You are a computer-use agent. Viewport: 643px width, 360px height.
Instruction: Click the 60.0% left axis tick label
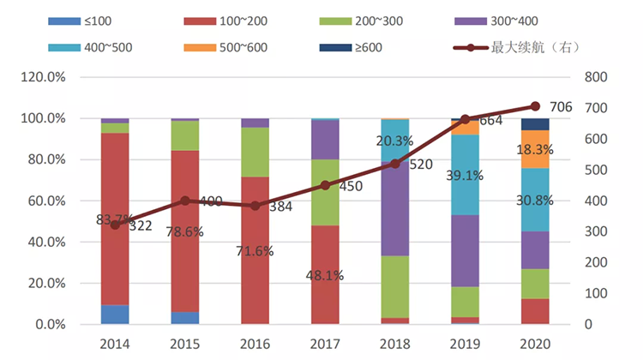click(x=50, y=201)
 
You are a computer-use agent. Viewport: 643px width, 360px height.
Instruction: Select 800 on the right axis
click(x=593, y=77)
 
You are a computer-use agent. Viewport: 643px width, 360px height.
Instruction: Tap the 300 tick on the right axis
click(x=593, y=231)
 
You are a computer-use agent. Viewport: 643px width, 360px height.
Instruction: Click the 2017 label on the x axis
click(x=325, y=344)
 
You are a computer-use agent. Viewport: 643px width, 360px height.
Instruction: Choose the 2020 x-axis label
click(x=535, y=344)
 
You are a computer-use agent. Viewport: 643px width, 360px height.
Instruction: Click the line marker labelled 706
click(x=535, y=106)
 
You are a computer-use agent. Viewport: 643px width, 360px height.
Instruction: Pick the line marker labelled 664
click(x=465, y=119)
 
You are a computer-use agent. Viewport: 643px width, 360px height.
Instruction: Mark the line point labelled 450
click(x=325, y=185)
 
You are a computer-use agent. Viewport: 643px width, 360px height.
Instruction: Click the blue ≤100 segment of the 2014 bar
click(x=115, y=314)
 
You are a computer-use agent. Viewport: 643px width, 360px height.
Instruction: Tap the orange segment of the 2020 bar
click(x=535, y=148)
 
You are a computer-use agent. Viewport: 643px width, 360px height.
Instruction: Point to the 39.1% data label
click(x=465, y=176)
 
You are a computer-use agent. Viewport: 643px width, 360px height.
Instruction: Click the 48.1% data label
click(x=325, y=276)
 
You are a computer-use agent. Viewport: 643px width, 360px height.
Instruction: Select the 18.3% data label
click(x=535, y=149)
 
